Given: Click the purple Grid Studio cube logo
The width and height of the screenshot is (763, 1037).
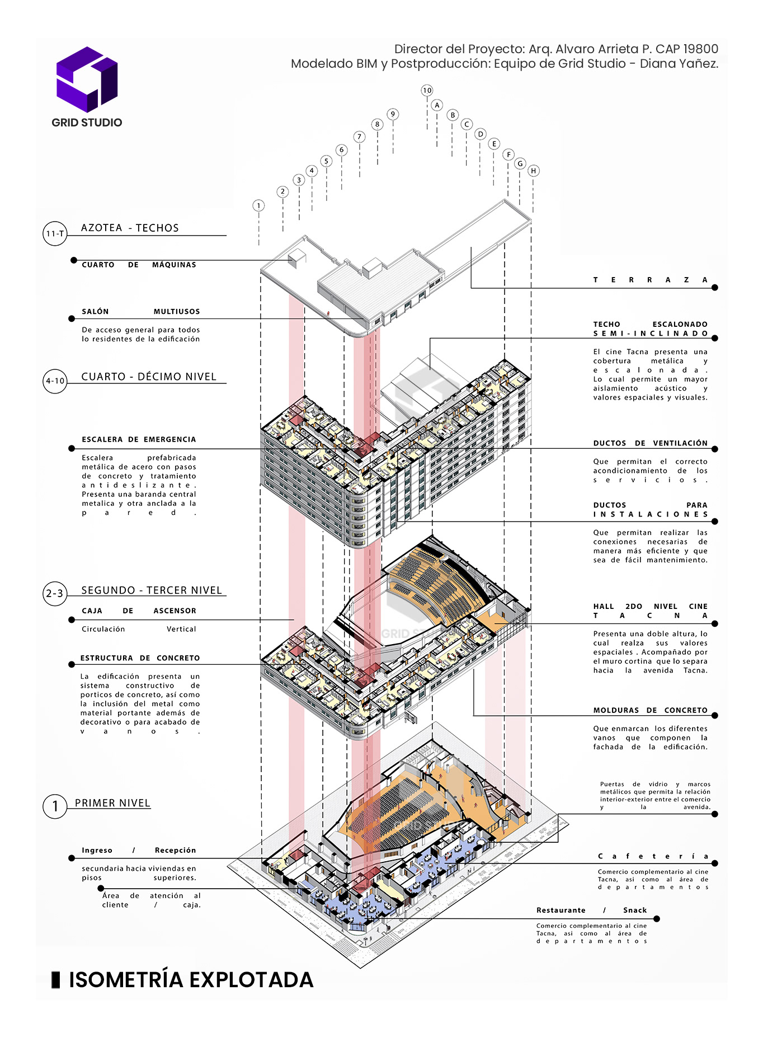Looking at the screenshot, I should click(x=87, y=79).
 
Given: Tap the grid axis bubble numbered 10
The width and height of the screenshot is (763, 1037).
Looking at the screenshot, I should click(x=427, y=91).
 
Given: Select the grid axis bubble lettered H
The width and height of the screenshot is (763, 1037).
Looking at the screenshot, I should click(x=534, y=171).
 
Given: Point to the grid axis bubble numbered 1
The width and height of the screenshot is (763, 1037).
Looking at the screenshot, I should click(x=258, y=206).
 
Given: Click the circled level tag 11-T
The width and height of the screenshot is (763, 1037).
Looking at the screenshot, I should click(x=55, y=234).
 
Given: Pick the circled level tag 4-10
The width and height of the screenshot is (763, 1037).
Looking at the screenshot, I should click(x=55, y=381).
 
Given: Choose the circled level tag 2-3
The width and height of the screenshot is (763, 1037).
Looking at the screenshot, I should click(x=55, y=594).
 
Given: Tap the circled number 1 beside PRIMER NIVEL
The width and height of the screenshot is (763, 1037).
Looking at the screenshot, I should click(x=55, y=806).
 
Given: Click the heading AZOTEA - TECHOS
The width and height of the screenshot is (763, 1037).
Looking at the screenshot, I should click(x=130, y=228).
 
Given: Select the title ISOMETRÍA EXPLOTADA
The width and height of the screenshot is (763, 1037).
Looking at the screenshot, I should click(x=191, y=980).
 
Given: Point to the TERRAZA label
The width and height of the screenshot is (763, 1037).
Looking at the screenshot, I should click(x=650, y=280).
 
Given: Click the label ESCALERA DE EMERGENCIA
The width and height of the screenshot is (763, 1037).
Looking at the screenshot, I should click(x=139, y=439).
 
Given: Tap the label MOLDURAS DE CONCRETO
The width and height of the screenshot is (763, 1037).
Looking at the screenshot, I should click(x=650, y=710).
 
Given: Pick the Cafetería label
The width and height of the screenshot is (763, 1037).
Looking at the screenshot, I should click(x=653, y=856).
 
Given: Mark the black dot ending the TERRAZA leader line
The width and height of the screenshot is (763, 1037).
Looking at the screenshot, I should click(x=715, y=288).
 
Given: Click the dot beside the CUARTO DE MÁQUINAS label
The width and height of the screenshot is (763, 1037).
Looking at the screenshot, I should click(x=73, y=260).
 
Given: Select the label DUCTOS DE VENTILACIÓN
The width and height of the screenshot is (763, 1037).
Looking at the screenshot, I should click(x=650, y=443).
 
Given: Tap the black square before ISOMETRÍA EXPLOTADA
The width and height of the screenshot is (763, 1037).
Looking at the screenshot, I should click(x=55, y=980).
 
